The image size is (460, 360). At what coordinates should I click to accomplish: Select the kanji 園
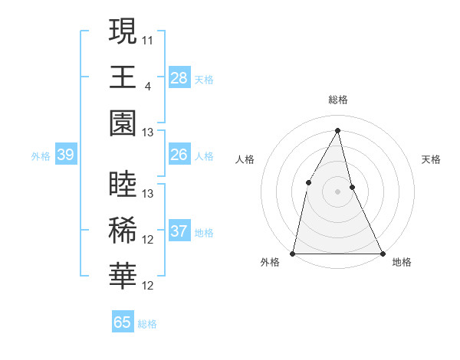click(123, 123)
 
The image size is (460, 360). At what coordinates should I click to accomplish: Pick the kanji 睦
click(123, 185)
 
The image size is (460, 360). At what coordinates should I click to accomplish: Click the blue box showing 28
click(179, 77)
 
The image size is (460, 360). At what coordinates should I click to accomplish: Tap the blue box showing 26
click(179, 155)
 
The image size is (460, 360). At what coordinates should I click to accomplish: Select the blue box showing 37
click(179, 231)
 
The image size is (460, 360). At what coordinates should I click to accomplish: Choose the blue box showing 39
click(65, 155)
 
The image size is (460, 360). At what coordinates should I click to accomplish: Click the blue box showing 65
click(123, 322)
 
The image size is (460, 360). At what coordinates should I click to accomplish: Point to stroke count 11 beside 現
click(148, 39)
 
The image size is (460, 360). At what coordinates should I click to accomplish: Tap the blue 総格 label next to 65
click(147, 324)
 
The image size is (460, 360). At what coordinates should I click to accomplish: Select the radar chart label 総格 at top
click(338, 100)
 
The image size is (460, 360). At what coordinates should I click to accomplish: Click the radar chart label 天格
click(432, 159)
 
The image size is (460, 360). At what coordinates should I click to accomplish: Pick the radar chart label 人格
click(245, 159)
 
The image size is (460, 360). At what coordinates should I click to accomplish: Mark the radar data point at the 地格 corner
click(383, 253)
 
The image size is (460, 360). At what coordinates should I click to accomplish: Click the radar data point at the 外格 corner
click(293, 253)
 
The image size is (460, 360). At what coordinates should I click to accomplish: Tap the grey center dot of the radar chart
click(338, 191)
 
